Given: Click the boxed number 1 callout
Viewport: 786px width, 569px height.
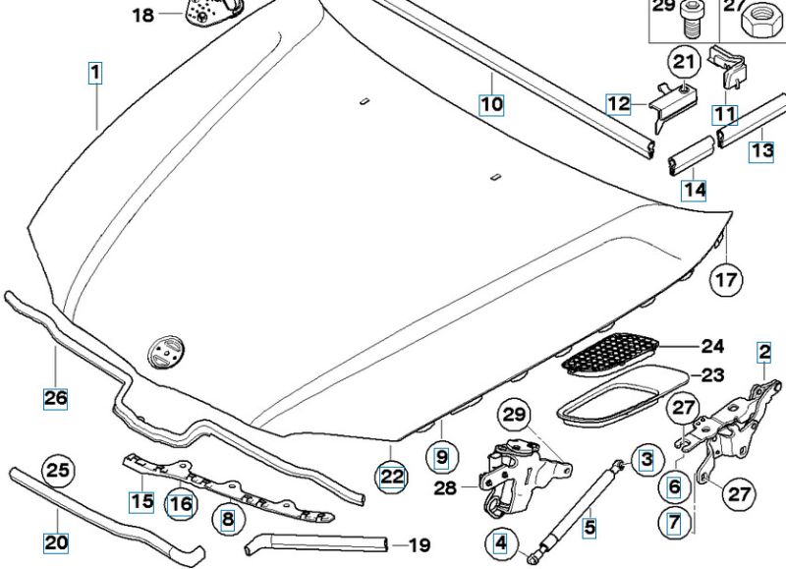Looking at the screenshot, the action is [95, 73].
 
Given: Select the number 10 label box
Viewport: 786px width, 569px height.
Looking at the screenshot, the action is [491, 104].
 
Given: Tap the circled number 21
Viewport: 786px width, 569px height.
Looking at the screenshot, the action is [685, 62].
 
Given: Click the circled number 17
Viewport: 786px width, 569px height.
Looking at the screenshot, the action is [726, 279].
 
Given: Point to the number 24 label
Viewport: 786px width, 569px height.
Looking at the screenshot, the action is [712, 346].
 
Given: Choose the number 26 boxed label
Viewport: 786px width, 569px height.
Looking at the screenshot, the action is [56, 399].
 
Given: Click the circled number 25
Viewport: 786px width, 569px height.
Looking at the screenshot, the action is [58, 471].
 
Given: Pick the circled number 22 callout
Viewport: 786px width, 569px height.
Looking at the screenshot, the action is [391, 476].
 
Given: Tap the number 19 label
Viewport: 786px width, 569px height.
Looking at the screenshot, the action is [420, 544].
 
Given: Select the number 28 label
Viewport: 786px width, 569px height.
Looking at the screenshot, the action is [445, 487].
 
